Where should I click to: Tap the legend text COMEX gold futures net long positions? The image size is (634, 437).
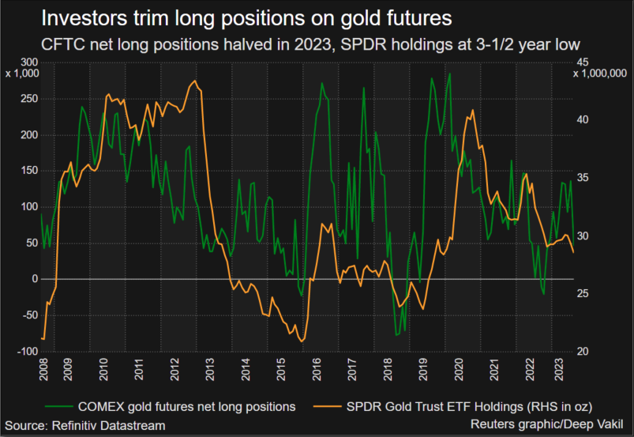(187, 405)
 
